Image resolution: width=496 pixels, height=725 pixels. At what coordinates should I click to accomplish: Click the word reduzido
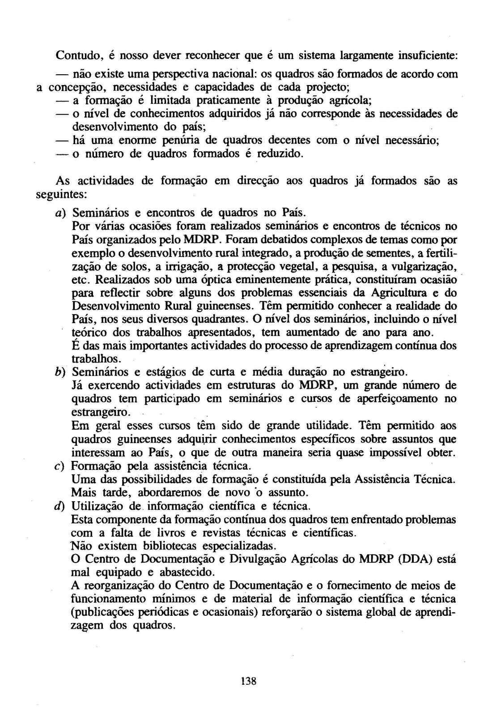[x=281, y=154]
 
